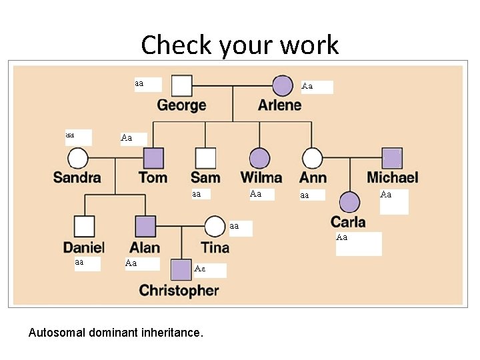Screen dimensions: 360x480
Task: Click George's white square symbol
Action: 182,86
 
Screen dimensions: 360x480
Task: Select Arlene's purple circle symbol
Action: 283,86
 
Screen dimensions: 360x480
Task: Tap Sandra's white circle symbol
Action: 78,159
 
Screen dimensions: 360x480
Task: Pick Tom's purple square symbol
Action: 153,158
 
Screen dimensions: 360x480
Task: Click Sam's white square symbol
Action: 205,158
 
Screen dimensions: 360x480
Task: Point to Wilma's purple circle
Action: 260,159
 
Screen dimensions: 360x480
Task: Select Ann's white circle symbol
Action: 312,159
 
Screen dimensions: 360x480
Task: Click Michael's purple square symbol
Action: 392,158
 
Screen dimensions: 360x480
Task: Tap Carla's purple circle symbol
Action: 349,201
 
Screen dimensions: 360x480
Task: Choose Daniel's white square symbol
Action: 84,227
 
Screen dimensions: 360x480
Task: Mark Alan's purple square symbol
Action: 145,227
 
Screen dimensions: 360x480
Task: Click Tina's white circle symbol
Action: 215,227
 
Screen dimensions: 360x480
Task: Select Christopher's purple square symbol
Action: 181,270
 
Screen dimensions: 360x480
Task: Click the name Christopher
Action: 179,291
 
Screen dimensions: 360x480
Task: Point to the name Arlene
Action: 279,105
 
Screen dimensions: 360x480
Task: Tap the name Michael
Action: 392,177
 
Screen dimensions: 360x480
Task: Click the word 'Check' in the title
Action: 171,45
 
